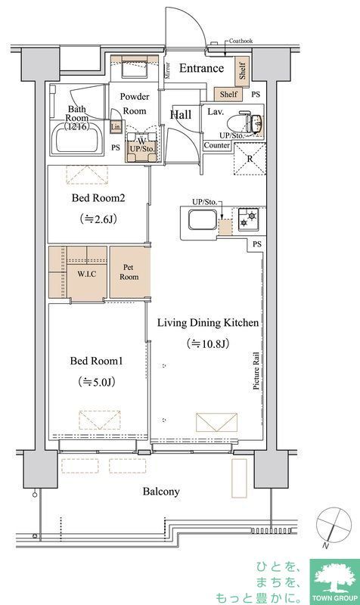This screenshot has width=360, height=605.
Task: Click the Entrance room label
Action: click(x=201, y=68)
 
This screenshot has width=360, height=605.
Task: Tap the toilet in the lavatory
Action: click(x=249, y=123)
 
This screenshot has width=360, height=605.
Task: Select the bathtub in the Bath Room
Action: click(x=77, y=138)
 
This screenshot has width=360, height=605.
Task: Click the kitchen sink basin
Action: click(x=202, y=219)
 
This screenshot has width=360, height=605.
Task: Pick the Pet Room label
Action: click(x=129, y=272)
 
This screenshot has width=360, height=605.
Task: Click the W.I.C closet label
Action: click(x=86, y=275)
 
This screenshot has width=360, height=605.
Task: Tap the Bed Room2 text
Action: click(x=98, y=198)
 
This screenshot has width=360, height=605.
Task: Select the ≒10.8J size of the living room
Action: click(x=207, y=343)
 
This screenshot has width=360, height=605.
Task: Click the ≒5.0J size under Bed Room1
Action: click(x=97, y=382)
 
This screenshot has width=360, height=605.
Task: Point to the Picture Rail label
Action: click(x=256, y=370)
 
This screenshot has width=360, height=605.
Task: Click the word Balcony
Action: click(x=161, y=492)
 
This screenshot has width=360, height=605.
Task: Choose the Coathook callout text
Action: click(x=241, y=41)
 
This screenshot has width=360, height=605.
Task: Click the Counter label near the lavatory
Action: click(x=217, y=145)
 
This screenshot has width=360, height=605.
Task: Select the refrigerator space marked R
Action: click(x=250, y=159)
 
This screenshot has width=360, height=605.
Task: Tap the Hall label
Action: click(x=181, y=115)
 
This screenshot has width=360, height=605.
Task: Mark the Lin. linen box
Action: click(x=116, y=126)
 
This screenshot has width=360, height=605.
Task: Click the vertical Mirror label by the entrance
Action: click(x=167, y=70)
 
